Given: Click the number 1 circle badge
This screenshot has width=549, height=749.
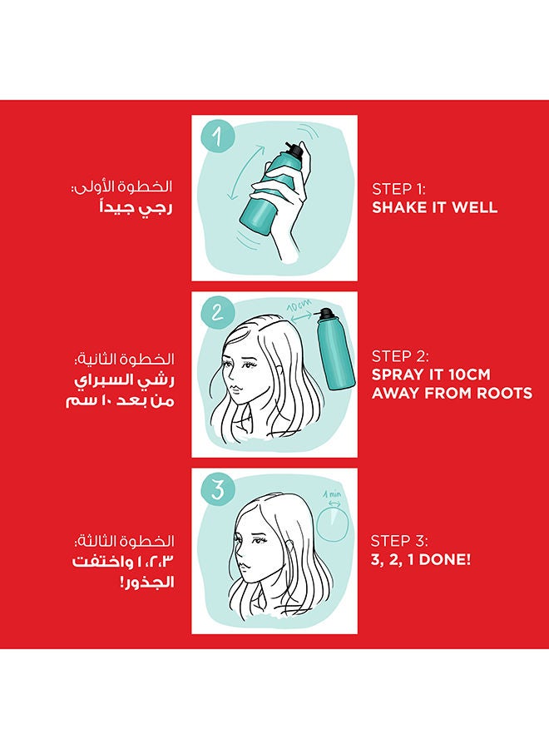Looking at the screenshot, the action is pyautogui.click(x=218, y=135).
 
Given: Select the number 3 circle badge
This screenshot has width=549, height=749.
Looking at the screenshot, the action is pyautogui.click(x=218, y=489).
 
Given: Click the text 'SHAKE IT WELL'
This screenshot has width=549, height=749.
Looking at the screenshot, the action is pyautogui.click(x=434, y=208).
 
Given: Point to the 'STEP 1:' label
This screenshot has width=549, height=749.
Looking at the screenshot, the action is pyautogui.click(x=398, y=189).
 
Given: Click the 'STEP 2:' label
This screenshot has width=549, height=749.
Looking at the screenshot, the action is pyautogui.click(x=400, y=356).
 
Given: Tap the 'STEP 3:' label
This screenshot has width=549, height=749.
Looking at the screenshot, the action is pyautogui.click(x=399, y=541).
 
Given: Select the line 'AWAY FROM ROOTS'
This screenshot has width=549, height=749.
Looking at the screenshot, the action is pyautogui.click(x=452, y=393).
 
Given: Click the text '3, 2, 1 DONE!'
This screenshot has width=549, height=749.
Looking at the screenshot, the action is pyautogui.click(x=421, y=559).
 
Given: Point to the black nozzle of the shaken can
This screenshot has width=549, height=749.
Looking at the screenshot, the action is pyautogui.click(x=294, y=150).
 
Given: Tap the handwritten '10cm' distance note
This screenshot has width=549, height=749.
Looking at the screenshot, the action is pyautogui.click(x=299, y=305).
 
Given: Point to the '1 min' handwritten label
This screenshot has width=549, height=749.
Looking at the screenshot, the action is pyautogui.click(x=332, y=494).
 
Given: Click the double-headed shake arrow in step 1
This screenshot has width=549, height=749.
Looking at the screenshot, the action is pyautogui.click(x=247, y=172).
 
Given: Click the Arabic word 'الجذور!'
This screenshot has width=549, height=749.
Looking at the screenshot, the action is pyautogui.click(x=147, y=583).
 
